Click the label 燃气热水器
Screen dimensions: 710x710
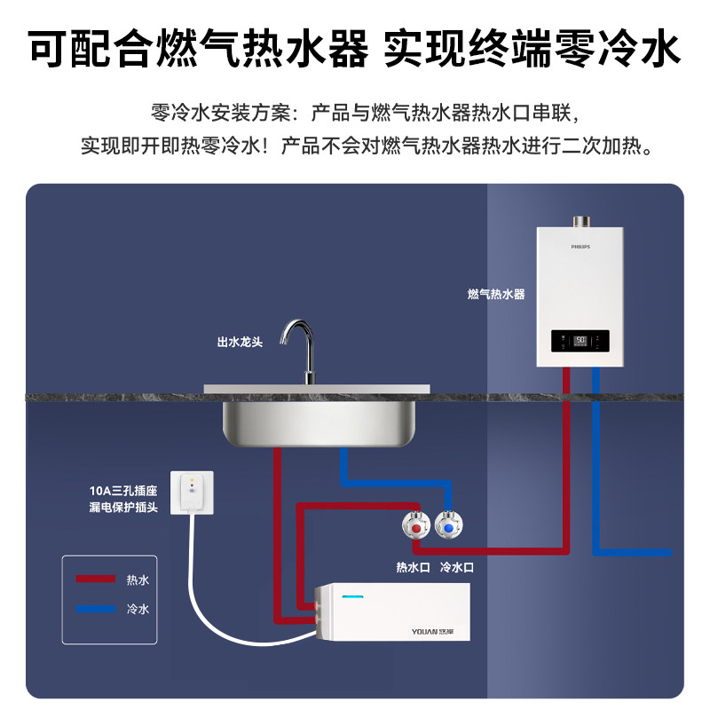pyautogui.click(x=496, y=294)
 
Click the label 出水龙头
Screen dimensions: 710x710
pyautogui.click(x=240, y=341)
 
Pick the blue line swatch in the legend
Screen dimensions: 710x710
pyautogui.click(x=95, y=610)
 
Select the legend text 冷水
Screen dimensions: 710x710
pyautogui.click(x=138, y=610)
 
